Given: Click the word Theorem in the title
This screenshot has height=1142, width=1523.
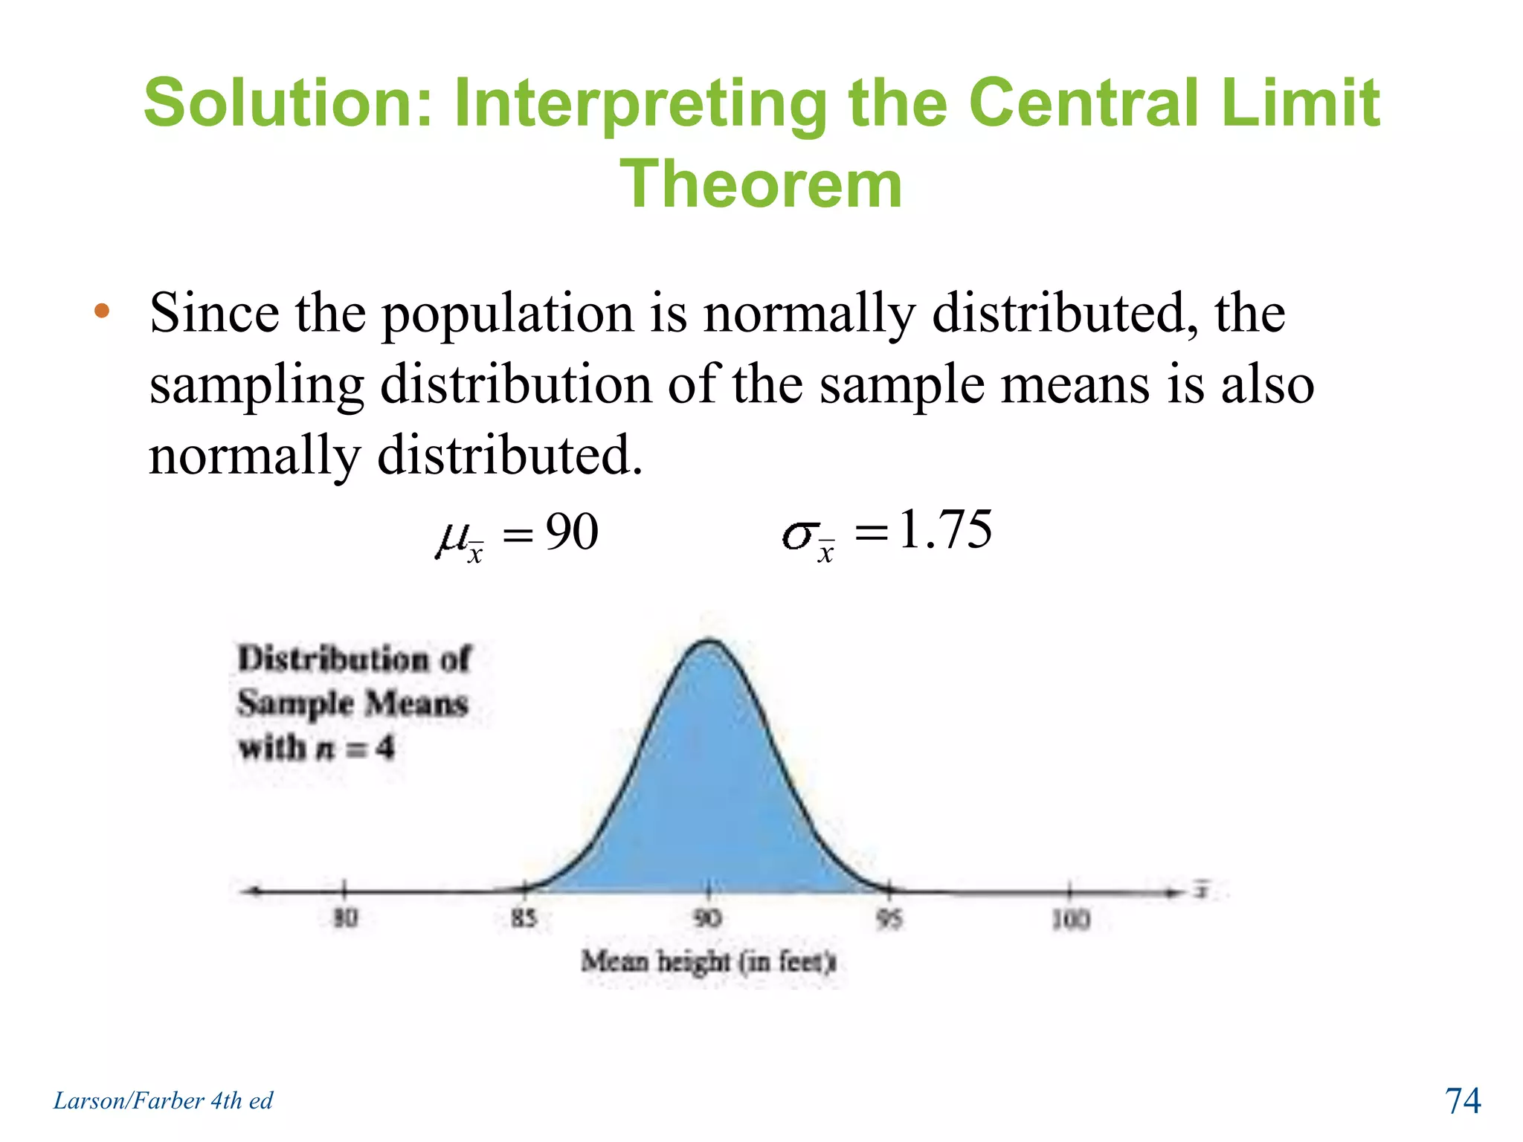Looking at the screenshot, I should tap(761, 184).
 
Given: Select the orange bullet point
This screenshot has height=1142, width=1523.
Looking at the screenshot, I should tap(102, 311).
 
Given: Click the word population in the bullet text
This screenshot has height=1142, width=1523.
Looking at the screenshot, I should tap(508, 314).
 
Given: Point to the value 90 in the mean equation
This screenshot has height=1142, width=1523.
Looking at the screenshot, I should tap(572, 532).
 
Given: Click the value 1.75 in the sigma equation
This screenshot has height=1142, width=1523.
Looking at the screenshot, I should tap(945, 529).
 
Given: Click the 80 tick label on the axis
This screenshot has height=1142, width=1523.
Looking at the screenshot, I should tap(345, 919).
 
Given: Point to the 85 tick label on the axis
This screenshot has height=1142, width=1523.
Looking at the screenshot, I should tap(524, 919).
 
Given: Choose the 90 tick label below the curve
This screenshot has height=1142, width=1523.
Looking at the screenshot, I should tap(707, 919).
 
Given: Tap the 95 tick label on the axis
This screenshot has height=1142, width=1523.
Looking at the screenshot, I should tap(889, 920).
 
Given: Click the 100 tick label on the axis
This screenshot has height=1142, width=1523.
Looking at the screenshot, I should tap(1071, 920).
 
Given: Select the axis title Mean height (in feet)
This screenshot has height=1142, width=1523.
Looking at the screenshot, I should tap(708, 962).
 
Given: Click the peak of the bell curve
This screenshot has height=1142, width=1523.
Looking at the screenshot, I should tap(709, 641).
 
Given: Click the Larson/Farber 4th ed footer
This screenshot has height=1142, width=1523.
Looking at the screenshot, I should tap(163, 1100).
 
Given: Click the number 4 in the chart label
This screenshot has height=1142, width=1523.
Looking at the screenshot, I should tap(384, 747).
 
